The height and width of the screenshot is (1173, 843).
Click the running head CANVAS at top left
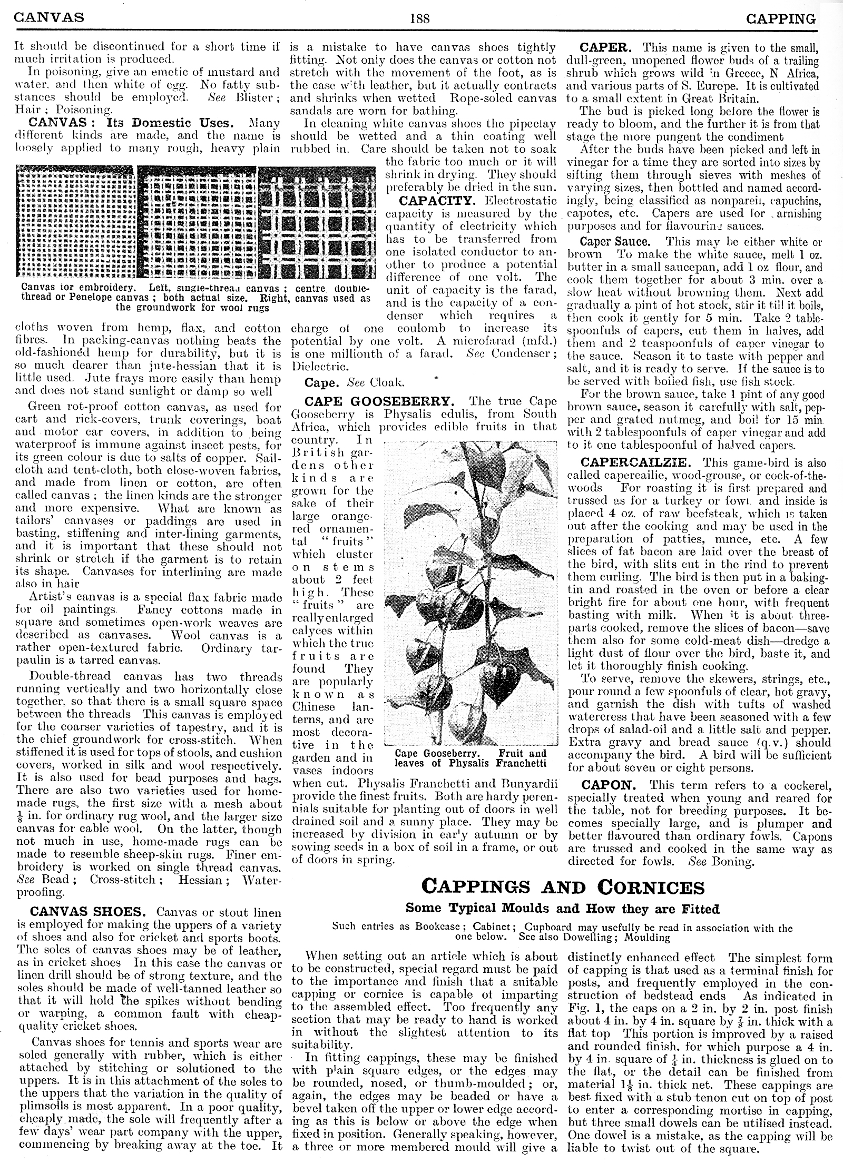pyautogui.click(x=48, y=18)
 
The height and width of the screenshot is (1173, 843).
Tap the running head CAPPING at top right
pyautogui.click(x=781, y=19)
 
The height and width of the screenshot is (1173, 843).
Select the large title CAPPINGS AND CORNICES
pyautogui.click(x=563, y=887)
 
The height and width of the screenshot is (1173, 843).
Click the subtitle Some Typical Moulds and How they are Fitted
pyautogui.click(x=562, y=909)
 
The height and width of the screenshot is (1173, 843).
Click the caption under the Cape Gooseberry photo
pyautogui.click(x=470, y=758)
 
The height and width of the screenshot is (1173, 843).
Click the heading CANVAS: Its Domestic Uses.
pyautogui.click(x=131, y=123)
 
